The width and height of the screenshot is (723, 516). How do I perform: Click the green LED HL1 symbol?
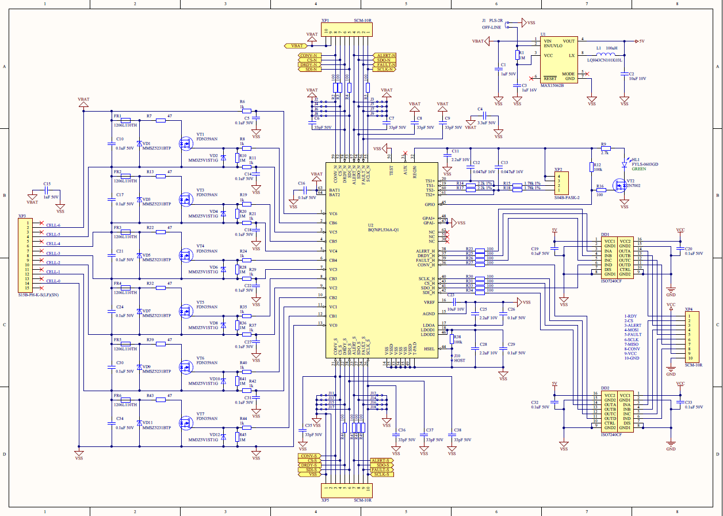tap(624, 164)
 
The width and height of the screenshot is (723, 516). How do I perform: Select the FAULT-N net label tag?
tap(384, 64)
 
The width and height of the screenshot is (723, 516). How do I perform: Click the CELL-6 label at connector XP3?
tap(53, 225)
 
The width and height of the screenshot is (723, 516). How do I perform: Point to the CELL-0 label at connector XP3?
tap(53, 281)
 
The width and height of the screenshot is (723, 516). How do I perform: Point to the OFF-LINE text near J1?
tap(491, 27)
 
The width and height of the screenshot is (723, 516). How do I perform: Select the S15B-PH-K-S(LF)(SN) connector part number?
tap(39, 295)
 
